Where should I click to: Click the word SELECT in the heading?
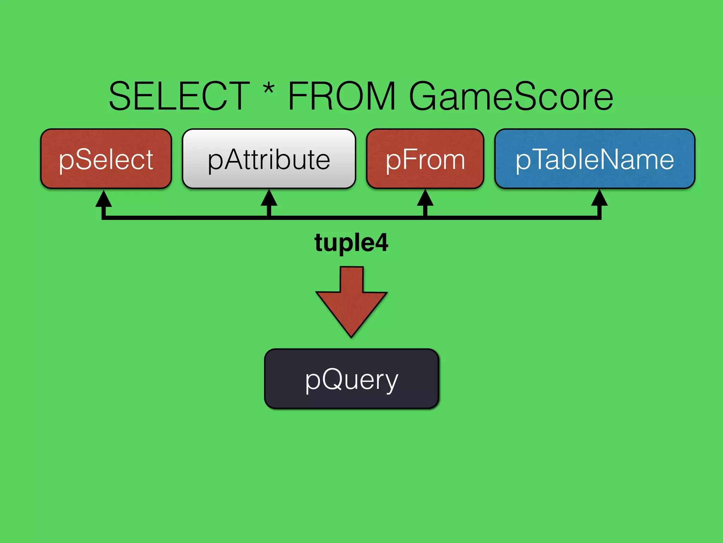tap(179, 96)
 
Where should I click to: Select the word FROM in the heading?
tap(342, 96)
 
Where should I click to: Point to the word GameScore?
tap(511, 96)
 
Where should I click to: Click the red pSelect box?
tap(106, 159)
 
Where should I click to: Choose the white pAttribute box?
tap(269, 159)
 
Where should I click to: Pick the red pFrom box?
tap(425, 159)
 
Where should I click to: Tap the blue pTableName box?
tap(595, 159)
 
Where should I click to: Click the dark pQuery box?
tap(352, 379)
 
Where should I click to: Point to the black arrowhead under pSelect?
tap(104, 199)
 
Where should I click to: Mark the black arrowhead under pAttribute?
tap(269, 199)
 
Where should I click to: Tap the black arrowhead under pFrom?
tap(425, 199)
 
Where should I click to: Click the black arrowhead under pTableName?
tap(599, 199)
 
